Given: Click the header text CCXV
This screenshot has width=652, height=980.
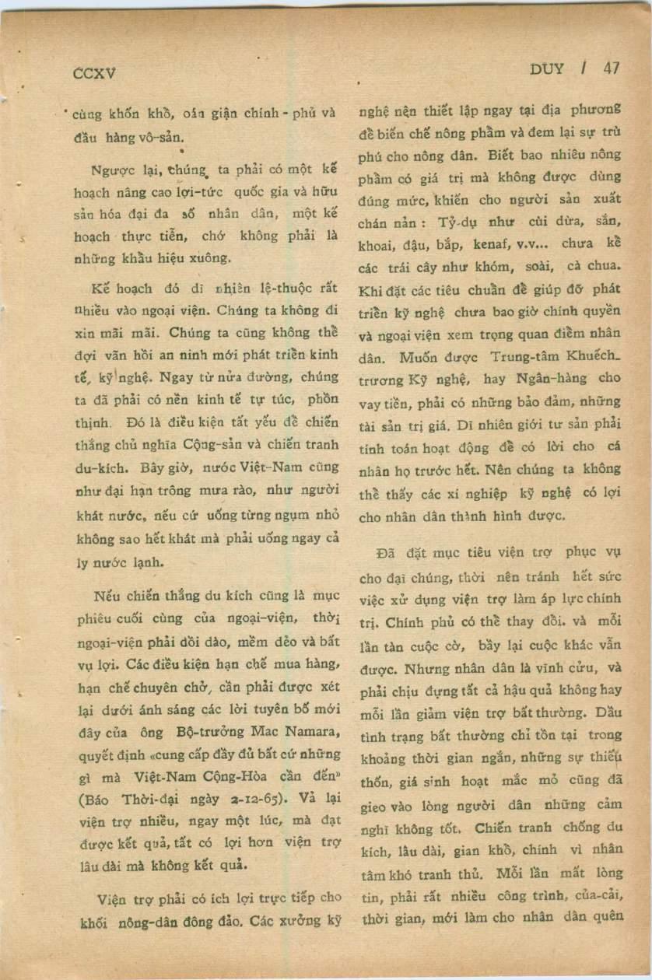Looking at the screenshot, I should point(93,74).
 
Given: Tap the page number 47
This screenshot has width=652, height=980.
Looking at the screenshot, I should point(611,68).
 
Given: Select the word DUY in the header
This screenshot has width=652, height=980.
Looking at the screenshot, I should point(546,68).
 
